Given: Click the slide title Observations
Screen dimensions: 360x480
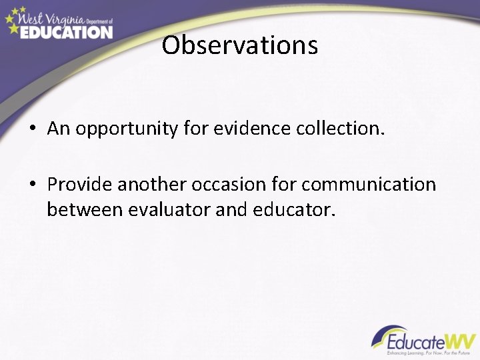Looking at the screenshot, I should pos(240,46).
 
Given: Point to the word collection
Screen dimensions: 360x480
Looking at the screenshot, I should pos(342,129).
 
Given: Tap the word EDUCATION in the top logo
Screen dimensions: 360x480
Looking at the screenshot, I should pos(66,31).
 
